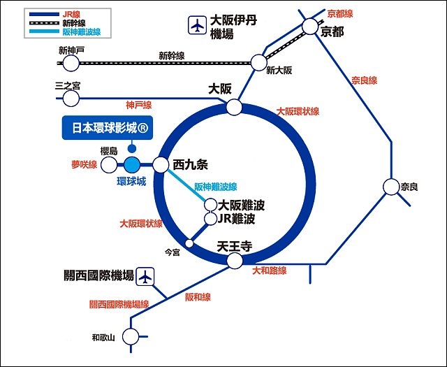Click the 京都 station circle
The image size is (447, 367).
tap(311, 27)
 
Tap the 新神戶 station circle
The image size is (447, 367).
tap(70, 63)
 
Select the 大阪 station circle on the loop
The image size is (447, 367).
tap(234, 107)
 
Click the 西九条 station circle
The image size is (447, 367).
tap(161, 165)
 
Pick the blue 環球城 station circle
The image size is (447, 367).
tap(133, 165)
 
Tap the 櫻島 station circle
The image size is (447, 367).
tap(109, 165)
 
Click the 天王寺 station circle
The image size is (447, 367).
tap(233, 260)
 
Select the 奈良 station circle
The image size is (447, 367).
tap(390, 187)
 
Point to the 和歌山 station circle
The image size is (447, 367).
tap(130, 337)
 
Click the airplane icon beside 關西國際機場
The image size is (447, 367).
tap(145, 276)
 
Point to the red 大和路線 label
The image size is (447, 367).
tap(270, 270)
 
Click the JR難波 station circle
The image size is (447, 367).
tap(210, 219)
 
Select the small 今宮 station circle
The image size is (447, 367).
tap(188, 244)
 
